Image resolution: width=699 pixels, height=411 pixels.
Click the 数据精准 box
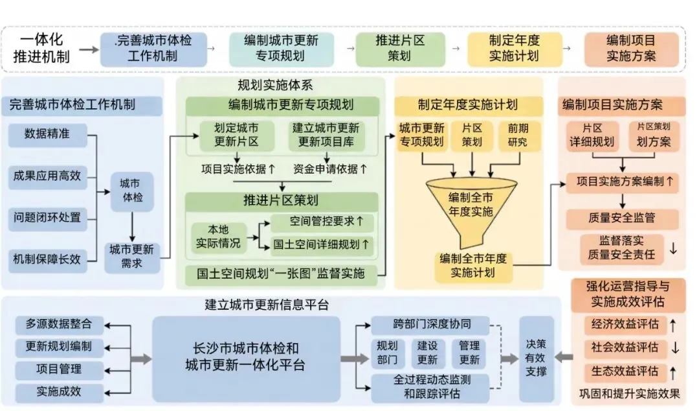point(47,134)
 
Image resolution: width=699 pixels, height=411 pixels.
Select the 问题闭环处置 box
point(47,216)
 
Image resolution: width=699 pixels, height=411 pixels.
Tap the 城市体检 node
point(131,191)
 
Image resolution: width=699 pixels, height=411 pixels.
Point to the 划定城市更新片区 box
point(236,135)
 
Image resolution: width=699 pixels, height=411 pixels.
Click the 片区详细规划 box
point(592,135)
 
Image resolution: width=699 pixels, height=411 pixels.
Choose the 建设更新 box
point(427,353)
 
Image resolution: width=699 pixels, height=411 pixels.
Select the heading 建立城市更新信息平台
point(262,304)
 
